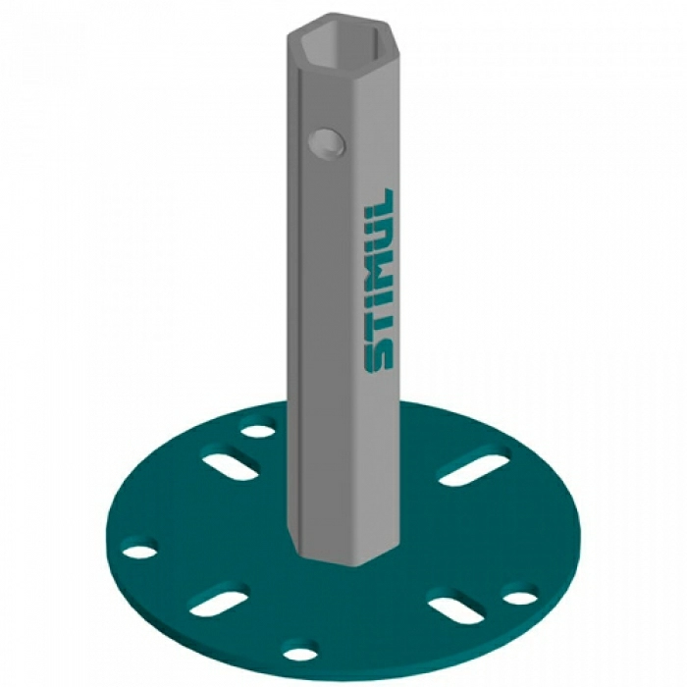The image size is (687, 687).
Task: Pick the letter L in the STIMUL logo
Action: [x=379, y=204]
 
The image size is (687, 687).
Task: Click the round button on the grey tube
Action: [x=327, y=143]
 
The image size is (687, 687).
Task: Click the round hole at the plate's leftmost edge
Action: [x=139, y=552]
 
